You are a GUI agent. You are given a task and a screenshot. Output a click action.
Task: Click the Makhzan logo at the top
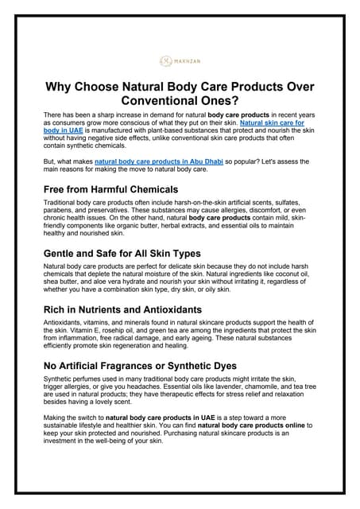(x=179, y=60)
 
